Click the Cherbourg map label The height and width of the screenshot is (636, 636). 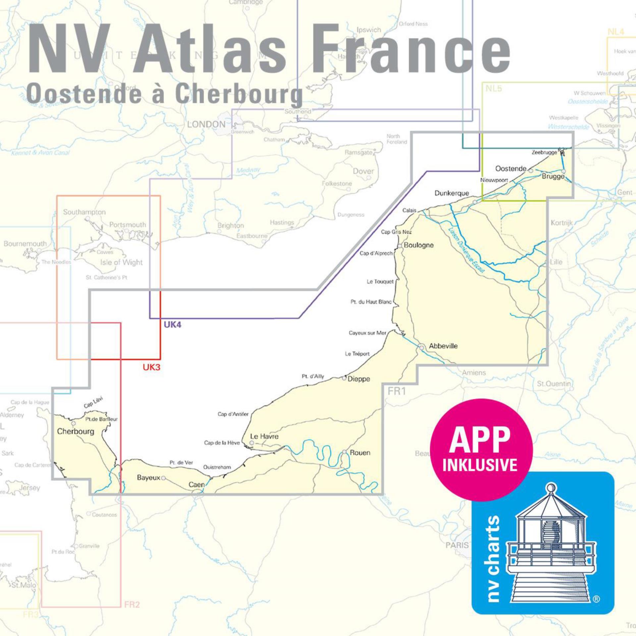[76, 431]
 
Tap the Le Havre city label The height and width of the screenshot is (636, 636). [264, 436]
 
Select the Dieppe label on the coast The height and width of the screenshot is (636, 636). [358, 379]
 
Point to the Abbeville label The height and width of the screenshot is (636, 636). [443, 346]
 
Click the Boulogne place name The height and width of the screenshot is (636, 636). [419, 245]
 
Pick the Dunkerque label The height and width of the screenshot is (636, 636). [452, 193]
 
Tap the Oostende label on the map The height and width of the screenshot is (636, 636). [511, 169]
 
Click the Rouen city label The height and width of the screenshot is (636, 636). [360, 452]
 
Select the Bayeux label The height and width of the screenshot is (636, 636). [148, 478]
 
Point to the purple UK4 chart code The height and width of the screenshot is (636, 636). [172, 325]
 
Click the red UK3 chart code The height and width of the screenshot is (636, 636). [151, 367]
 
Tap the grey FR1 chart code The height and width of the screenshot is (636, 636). [397, 391]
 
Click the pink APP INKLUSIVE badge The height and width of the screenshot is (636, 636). [480, 450]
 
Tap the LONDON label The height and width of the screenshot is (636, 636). [206, 124]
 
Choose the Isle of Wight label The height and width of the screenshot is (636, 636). [121, 262]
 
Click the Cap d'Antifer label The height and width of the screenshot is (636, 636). [233, 414]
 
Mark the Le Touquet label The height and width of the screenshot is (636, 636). [380, 282]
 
